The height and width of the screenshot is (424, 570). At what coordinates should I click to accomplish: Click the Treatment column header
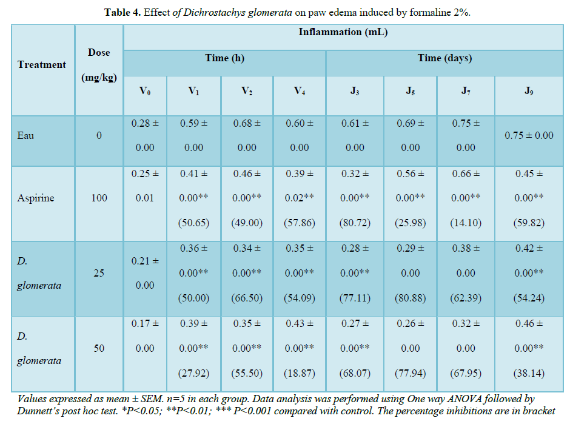tap(41, 65)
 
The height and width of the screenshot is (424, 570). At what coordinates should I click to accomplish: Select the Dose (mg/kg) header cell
tap(99, 65)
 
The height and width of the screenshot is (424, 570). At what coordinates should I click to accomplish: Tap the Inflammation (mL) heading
tap(343, 32)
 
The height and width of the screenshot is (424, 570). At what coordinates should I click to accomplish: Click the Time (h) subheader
tap(224, 58)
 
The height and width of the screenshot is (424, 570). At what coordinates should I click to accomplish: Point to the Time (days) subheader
tap(444, 58)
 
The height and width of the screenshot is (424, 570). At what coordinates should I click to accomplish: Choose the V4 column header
tap(299, 91)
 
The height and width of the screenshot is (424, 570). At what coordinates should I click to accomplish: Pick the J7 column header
tap(466, 91)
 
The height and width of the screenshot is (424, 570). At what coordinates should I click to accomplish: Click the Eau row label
tap(26, 135)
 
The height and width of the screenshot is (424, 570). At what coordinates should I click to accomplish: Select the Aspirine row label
tap(36, 198)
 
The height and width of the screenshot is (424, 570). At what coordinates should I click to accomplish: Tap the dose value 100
tap(99, 198)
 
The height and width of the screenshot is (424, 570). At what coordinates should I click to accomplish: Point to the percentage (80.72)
tap(355, 223)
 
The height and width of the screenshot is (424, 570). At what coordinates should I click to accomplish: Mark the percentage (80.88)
tap(411, 298)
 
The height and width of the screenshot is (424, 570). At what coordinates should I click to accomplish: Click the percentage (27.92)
tap(193, 373)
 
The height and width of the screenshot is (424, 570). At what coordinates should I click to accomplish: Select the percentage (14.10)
tap(466, 223)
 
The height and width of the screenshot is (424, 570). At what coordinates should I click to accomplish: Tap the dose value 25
tap(99, 273)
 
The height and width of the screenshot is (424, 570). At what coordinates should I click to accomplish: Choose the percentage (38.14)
tap(529, 373)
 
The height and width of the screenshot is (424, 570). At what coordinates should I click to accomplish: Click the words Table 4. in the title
tap(123, 12)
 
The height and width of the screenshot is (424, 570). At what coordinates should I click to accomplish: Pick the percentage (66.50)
tap(247, 298)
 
